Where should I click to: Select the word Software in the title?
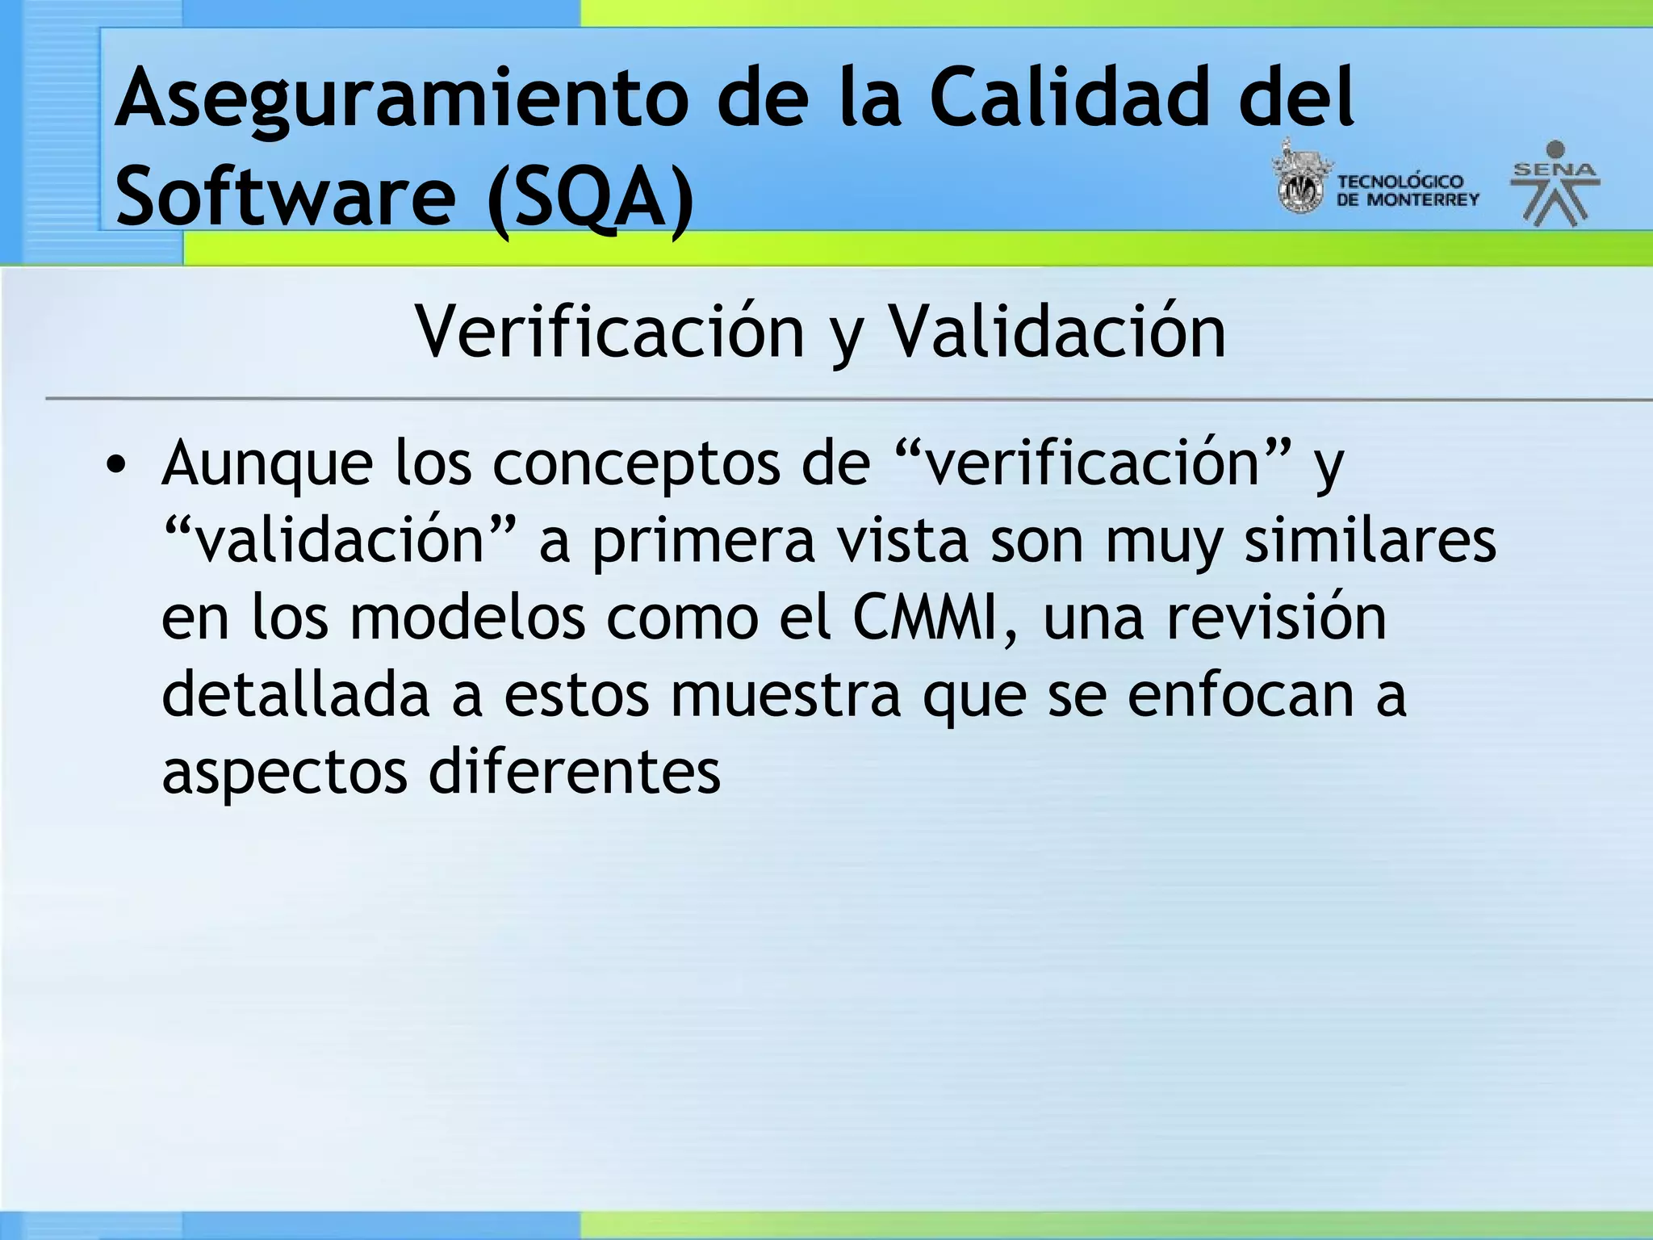(285, 196)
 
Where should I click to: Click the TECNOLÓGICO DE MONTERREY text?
(1407, 191)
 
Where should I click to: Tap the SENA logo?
(1555, 183)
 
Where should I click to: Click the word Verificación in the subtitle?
(609, 333)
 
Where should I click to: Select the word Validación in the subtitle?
(1057, 333)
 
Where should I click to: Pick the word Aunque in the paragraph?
(267, 464)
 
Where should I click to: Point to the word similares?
(1370, 540)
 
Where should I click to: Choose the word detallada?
(295, 694)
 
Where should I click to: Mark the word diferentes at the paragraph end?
(574, 772)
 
